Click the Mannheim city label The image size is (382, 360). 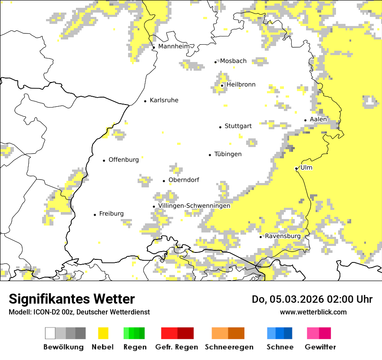pos(174,46)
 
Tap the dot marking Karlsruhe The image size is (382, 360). pos(145,101)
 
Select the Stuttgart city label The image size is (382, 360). pos(238,126)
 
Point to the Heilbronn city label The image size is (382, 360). pos(241,85)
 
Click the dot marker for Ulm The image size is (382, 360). pos(296,168)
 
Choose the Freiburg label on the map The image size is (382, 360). pos(111,213)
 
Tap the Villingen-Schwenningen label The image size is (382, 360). pos(194,206)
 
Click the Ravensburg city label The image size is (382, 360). pos(283,236)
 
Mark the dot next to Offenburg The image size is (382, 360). pos(104,160)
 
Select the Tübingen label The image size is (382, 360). pos(228,154)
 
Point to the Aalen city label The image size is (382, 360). pos(318,119)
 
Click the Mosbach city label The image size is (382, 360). pos(233,61)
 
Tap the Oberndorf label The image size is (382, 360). pos(184,180)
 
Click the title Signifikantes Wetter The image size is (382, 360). pos(72,299)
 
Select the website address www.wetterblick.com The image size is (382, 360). pos(313,312)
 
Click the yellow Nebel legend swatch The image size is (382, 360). pos(103,333)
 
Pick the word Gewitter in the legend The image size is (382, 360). pos(320,347)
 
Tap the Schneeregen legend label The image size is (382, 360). pos(229,347)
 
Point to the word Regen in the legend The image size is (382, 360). pos(135,347)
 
